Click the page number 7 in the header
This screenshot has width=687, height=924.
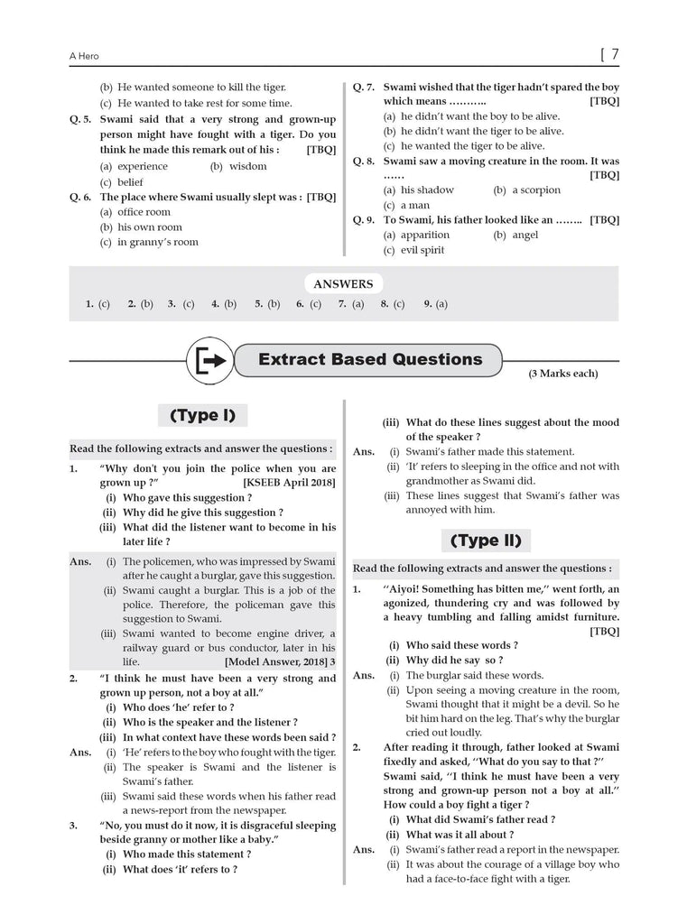pyautogui.click(x=614, y=54)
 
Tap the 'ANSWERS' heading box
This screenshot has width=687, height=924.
pyautogui.click(x=343, y=284)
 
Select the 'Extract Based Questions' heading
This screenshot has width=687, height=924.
pyautogui.click(x=370, y=360)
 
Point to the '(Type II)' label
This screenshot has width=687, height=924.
pyautogui.click(x=486, y=541)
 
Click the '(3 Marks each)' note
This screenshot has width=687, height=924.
pyautogui.click(x=562, y=374)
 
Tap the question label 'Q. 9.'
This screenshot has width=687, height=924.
pyautogui.click(x=364, y=220)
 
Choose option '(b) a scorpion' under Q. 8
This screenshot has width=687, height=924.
pyautogui.click(x=526, y=190)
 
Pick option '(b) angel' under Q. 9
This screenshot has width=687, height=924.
pyautogui.click(x=515, y=236)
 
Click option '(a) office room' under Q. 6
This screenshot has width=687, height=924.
pyautogui.click(x=135, y=212)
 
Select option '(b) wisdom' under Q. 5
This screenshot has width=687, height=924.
pyautogui.click(x=238, y=166)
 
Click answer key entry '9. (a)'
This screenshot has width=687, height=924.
pyautogui.click(x=435, y=305)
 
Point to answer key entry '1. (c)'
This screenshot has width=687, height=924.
pyautogui.click(x=97, y=305)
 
